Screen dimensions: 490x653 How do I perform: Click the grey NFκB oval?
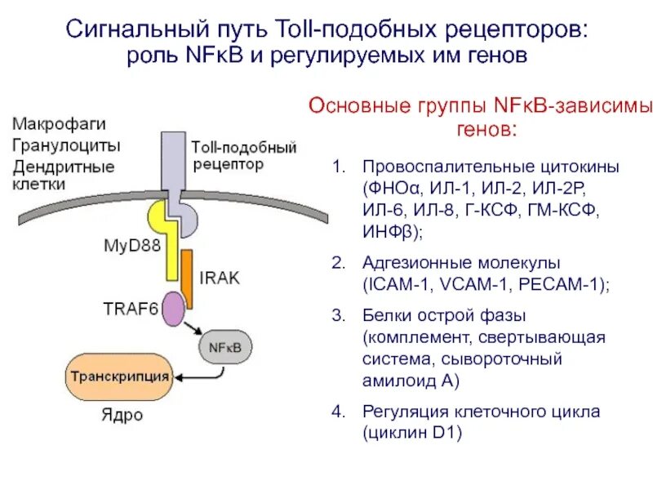coord(221,346)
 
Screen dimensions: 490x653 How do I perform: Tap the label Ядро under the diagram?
coord(122,416)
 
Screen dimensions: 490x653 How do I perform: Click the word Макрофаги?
coord(58,124)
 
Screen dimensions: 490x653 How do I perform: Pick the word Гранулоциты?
coord(65,145)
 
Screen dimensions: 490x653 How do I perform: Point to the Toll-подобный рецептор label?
coord(243,155)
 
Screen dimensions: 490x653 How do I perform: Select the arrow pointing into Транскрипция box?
coord(196,376)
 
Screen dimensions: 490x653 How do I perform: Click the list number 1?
coord(337,167)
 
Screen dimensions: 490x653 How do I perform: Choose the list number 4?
coord(337,412)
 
